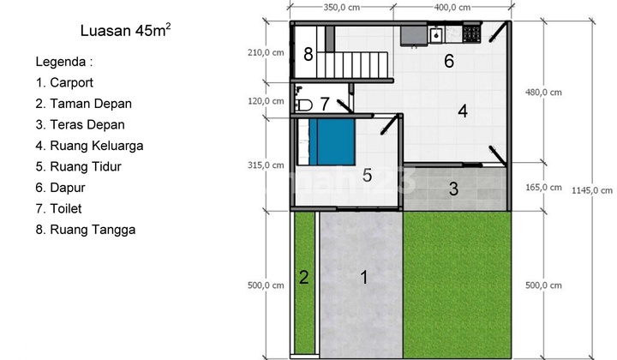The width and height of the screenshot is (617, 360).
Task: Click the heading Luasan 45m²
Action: click(x=125, y=30)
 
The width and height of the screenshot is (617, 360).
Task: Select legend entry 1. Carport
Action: click(x=64, y=82)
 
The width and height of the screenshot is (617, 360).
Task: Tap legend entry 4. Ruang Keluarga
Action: click(x=89, y=146)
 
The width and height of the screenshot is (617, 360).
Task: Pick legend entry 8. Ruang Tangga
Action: click(x=86, y=230)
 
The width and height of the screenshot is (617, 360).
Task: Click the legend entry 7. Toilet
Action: click(x=58, y=208)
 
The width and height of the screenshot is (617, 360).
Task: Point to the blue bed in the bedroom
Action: click(x=332, y=142)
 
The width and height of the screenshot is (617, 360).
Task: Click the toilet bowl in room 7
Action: click(x=303, y=105)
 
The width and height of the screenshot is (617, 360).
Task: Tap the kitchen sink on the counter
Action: click(x=436, y=35)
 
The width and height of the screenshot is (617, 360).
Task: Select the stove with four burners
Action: click(x=471, y=34)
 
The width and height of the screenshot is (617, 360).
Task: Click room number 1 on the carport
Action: click(x=364, y=278)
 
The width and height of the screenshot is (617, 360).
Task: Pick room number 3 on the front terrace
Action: click(x=453, y=189)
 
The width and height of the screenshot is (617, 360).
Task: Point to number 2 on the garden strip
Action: click(x=303, y=278)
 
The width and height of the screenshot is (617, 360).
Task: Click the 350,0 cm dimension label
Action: click(x=342, y=7)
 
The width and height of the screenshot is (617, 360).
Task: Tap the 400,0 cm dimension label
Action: click(x=452, y=7)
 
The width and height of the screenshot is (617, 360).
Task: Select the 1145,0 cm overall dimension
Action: click(x=592, y=190)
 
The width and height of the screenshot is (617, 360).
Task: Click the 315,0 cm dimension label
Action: click(x=266, y=165)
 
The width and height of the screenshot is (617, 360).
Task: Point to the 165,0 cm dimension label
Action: click(x=543, y=187)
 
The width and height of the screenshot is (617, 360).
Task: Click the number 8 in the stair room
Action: click(x=308, y=54)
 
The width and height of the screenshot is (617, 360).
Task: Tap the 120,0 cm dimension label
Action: click(x=266, y=101)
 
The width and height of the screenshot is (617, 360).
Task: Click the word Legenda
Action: click(x=61, y=62)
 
